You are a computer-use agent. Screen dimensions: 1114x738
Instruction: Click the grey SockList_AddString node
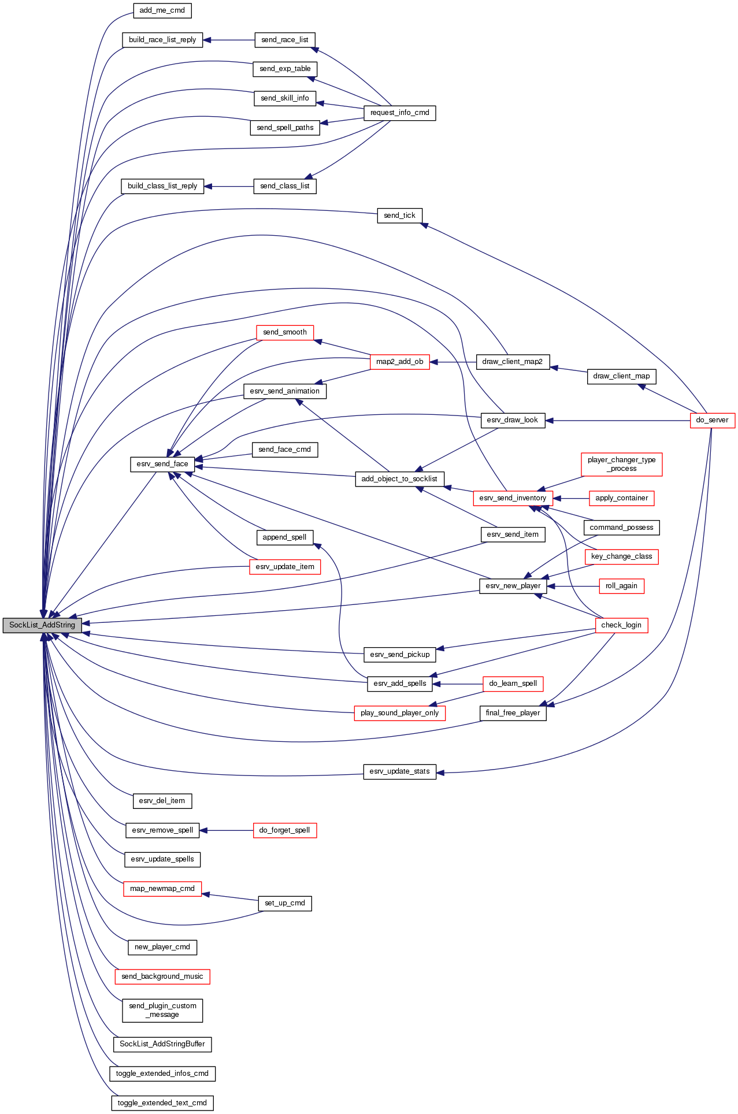pos(42,625)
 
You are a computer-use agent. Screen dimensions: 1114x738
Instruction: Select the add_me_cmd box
pos(162,10)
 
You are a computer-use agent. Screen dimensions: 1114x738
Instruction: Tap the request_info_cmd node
pos(399,113)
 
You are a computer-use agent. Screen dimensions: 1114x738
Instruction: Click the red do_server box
pos(712,420)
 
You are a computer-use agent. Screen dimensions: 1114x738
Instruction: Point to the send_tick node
pos(399,216)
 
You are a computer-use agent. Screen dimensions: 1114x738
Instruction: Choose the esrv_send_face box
pos(162,464)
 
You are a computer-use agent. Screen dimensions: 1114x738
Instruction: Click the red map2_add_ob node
pos(399,362)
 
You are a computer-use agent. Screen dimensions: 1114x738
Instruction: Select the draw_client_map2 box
pos(512,362)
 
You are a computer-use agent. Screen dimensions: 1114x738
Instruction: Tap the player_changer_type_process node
pos(621,464)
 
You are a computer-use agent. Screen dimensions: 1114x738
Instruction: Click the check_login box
pos(621,625)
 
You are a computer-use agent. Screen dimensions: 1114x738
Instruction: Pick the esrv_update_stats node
pos(399,771)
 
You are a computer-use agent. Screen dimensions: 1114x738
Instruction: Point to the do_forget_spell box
pos(284,830)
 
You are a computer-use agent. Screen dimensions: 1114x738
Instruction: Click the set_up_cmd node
pos(284,903)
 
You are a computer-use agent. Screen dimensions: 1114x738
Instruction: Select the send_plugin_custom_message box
pos(162,1010)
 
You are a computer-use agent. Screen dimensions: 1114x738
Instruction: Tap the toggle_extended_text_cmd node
pos(162,1103)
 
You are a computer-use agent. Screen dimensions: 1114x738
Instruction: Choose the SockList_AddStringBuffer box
pos(162,1044)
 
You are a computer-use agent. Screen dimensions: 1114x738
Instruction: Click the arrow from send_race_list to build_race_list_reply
pos(229,40)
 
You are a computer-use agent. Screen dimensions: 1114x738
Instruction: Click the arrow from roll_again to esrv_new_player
pos(573,586)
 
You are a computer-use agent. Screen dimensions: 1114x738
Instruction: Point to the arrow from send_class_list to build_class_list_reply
pos(229,186)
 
